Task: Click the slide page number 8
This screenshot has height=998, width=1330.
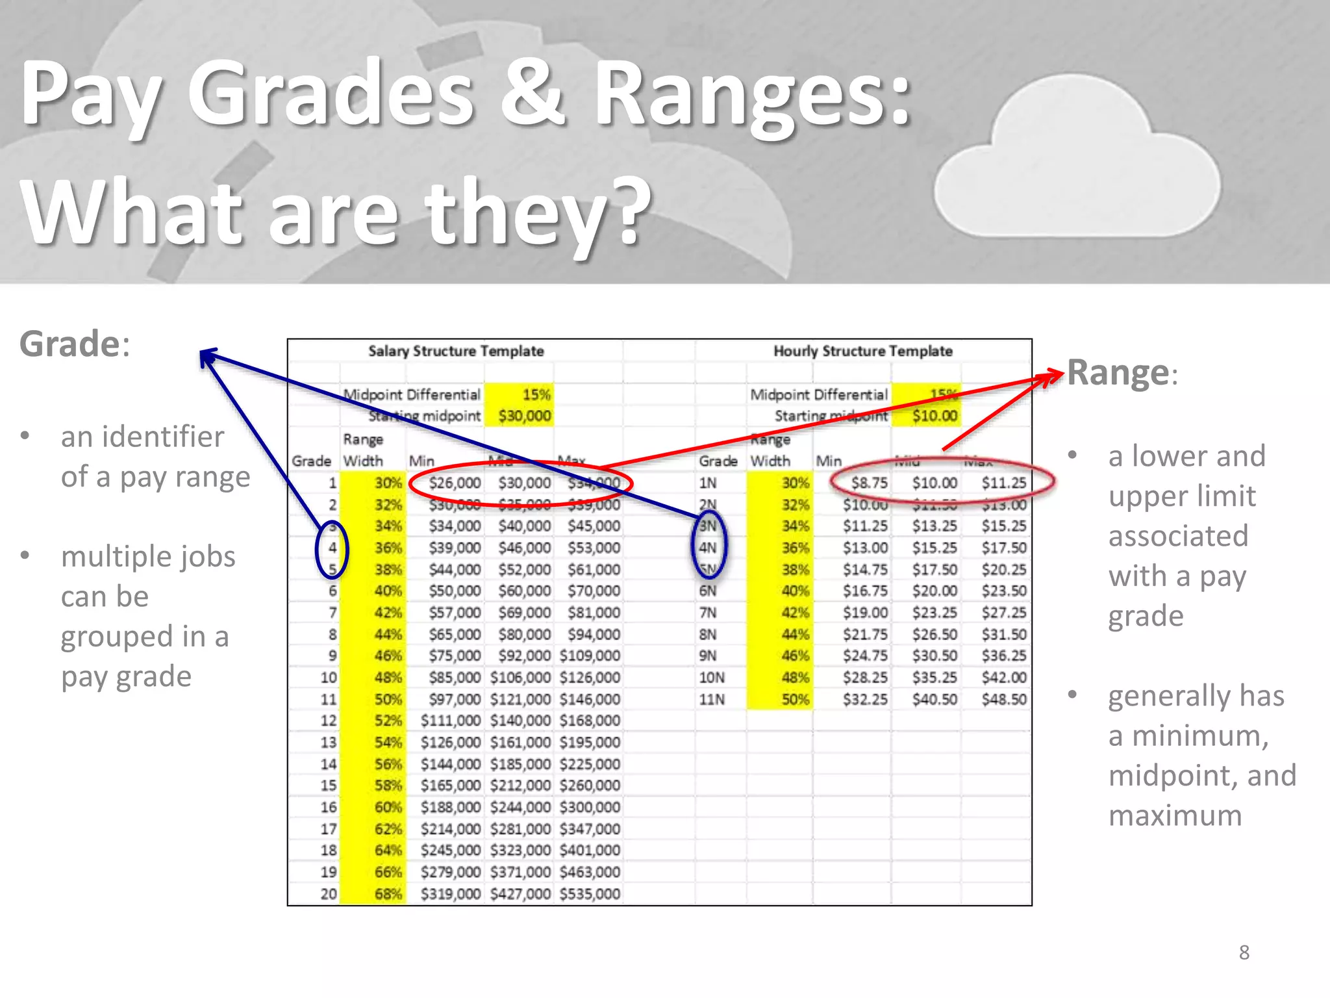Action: (1244, 953)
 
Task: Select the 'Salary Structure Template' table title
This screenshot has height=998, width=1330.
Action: (456, 352)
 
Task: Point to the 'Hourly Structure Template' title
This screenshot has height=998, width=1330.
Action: (862, 352)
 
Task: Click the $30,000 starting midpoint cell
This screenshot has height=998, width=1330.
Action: (524, 416)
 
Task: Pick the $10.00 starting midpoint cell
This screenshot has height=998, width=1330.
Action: (934, 416)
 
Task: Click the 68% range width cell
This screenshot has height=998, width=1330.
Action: (388, 894)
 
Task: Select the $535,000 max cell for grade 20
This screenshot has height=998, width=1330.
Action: (590, 894)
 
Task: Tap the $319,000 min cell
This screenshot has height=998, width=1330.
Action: (451, 894)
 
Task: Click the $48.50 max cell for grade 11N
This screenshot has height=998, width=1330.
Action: (1003, 700)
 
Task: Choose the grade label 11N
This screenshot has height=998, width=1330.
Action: (712, 700)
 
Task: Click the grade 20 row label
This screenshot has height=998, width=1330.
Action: (329, 894)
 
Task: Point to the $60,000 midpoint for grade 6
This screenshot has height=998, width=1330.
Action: (524, 591)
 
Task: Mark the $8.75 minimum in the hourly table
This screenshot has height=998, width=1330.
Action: (869, 483)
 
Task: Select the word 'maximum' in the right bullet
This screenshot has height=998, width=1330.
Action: (1175, 815)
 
